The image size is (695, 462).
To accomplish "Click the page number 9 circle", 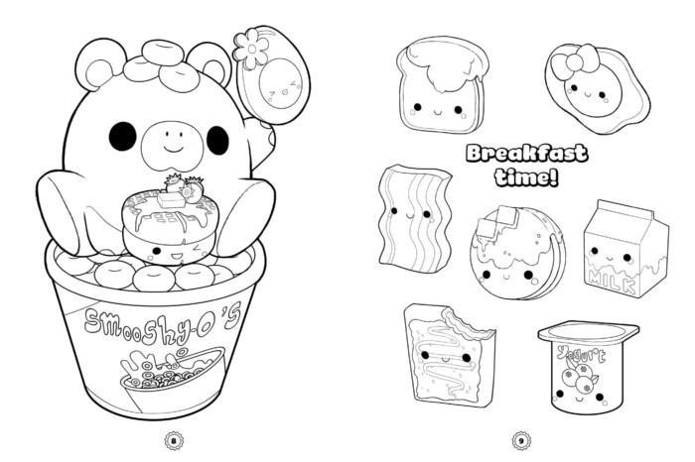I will (x=519, y=439).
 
